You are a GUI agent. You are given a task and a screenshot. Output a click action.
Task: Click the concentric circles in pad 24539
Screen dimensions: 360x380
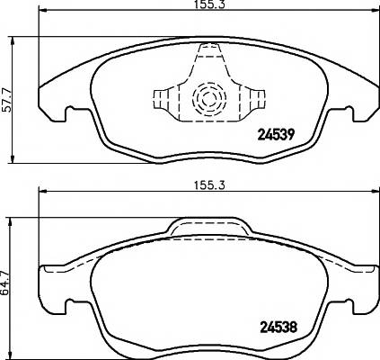coord(207,97)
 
